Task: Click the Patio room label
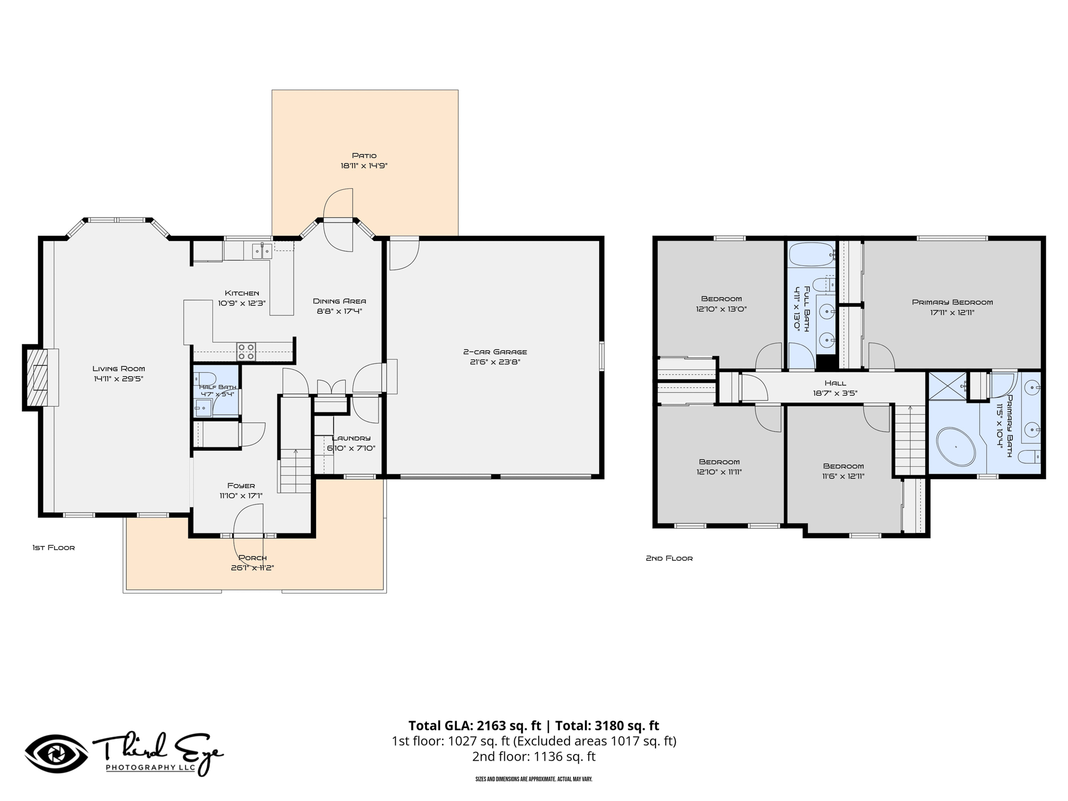[x=364, y=155]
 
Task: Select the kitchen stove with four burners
[x=246, y=351]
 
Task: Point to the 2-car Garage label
[x=495, y=352]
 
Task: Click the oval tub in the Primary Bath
[x=956, y=447]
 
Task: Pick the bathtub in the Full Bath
[x=811, y=254]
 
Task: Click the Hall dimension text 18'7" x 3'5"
[x=835, y=394]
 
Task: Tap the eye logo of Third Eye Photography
[x=56, y=754]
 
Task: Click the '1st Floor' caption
[x=54, y=548]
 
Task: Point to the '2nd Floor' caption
[x=669, y=558]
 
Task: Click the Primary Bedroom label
[x=952, y=302]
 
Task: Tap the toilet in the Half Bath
[x=205, y=378]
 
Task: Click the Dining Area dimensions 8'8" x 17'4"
[x=339, y=311]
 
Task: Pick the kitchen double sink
[x=262, y=251]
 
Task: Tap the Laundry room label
[x=351, y=438]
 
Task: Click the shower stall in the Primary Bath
[x=948, y=386]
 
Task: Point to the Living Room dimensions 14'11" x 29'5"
[x=119, y=379]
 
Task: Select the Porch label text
[x=252, y=557]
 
